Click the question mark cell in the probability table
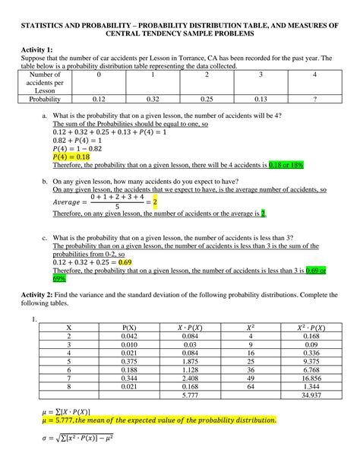(314, 99)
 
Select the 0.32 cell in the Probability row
(153, 99)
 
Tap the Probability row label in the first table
(45, 99)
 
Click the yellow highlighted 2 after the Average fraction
(155, 202)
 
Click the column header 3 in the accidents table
(261, 75)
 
